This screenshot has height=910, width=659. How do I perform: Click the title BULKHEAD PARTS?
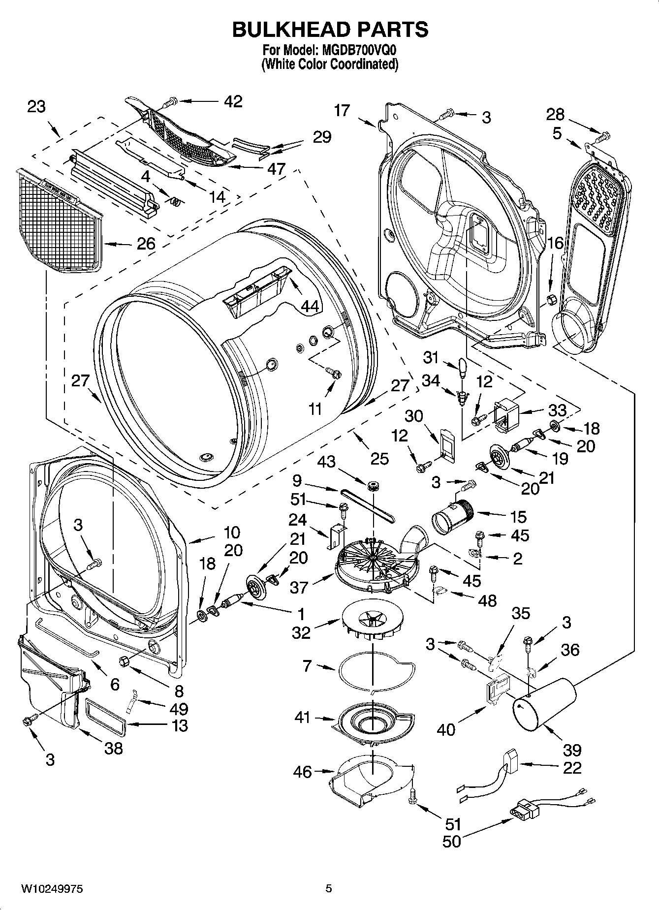pos(330,30)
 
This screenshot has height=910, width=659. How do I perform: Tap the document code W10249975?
pos(52,889)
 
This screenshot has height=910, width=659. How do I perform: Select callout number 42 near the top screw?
pos(233,101)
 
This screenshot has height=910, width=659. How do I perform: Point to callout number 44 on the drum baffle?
pos(309,306)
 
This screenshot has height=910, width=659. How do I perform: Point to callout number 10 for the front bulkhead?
pos(231,532)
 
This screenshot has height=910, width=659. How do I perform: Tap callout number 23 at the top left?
pos(36,106)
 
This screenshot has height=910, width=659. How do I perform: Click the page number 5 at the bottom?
pos(329,889)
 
